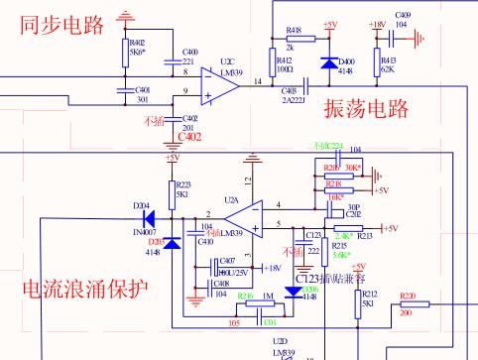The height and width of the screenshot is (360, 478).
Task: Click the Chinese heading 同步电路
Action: (x=61, y=25)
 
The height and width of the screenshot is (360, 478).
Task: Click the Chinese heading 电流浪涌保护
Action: (x=85, y=290)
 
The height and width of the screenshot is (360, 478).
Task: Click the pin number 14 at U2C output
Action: (x=259, y=80)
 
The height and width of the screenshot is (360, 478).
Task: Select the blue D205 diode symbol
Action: (x=173, y=243)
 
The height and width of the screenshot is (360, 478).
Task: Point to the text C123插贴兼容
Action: (x=336, y=279)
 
